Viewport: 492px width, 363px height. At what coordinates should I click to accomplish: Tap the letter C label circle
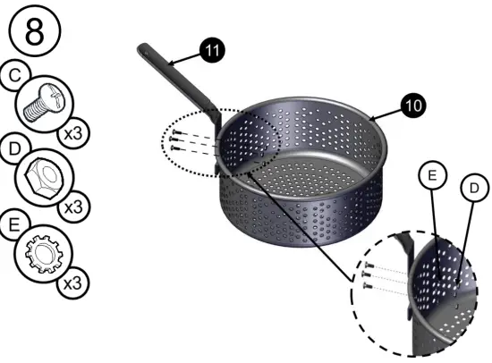click(13, 77)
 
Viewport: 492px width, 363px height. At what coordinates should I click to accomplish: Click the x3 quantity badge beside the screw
click(74, 134)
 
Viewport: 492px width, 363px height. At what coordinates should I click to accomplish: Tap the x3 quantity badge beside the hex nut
click(74, 206)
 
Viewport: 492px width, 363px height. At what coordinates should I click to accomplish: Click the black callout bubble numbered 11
click(211, 51)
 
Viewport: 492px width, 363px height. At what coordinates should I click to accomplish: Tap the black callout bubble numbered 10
click(413, 105)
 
